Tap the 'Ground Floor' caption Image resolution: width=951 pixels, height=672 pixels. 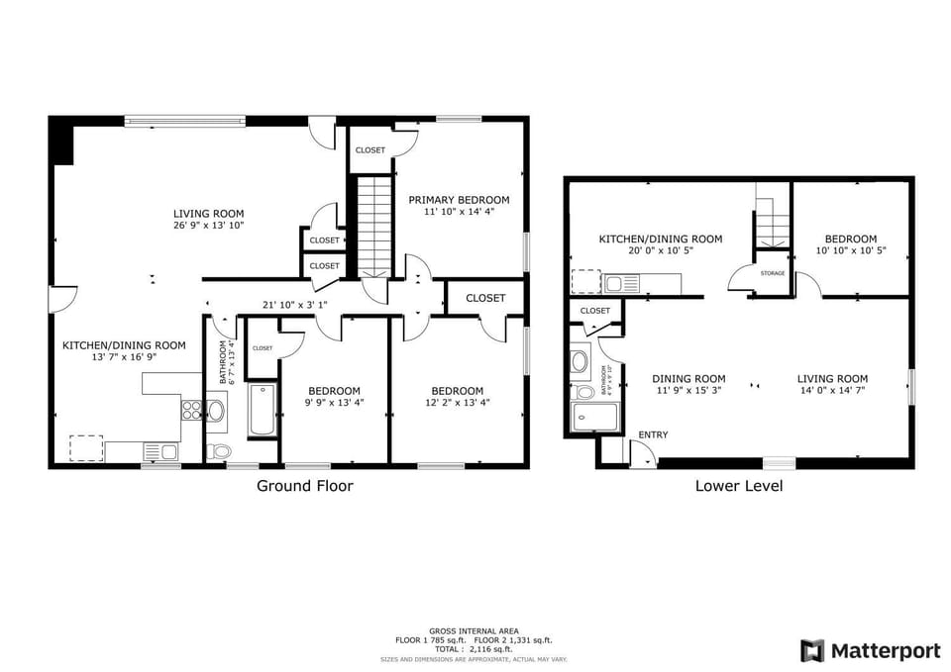(304, 486)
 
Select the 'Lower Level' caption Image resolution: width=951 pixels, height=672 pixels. (739, 486)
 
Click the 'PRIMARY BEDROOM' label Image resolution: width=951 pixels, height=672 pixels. (459, 200)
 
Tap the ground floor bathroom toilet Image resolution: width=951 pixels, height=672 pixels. (220, 451)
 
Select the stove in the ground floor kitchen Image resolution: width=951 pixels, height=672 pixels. (190, 409)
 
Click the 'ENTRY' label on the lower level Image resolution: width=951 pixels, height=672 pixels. (653, 434)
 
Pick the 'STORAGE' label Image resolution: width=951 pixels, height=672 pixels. (773, 272)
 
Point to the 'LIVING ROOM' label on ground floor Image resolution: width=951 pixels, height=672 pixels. (208, 214)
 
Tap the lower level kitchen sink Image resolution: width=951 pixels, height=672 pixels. (625, 284)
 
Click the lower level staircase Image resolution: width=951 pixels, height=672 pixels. (772, 218)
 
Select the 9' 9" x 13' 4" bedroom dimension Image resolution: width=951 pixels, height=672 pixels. (334, 403)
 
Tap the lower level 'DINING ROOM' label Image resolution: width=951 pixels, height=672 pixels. (688, 379)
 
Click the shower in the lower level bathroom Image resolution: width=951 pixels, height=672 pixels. (592, 417)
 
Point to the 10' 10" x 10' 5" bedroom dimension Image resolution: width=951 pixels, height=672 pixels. (851, 250)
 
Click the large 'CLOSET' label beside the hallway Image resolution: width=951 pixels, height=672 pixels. (485, 298)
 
